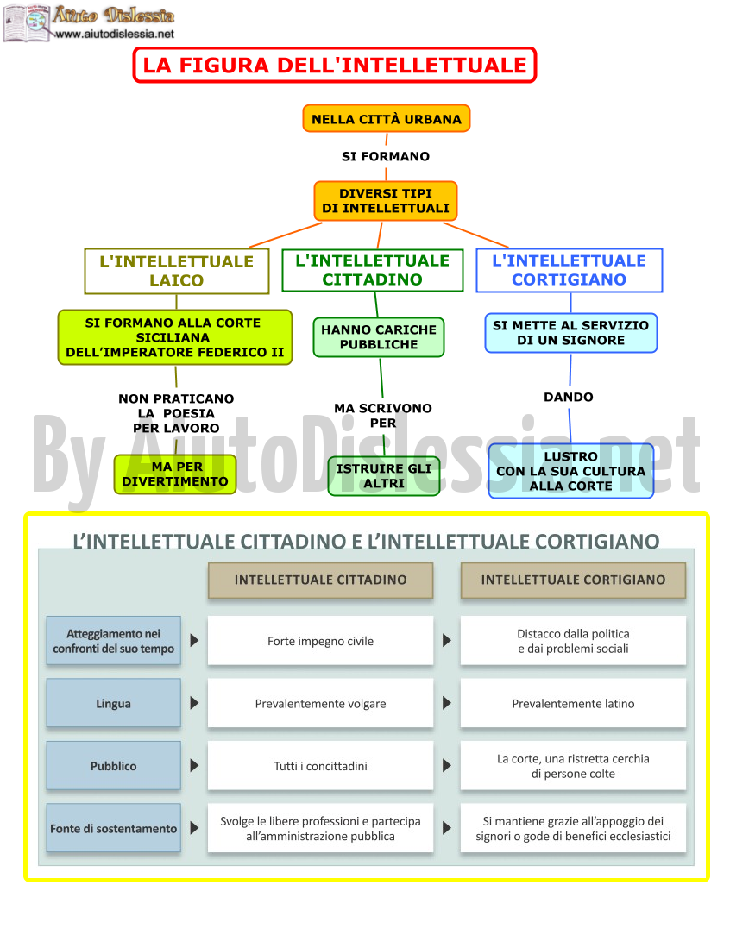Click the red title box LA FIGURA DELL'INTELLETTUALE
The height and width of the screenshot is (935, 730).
[x=335, y=65]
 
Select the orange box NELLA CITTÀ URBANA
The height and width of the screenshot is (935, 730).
[x=387, y=119]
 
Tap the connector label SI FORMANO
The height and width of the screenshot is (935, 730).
[x=385, y=156]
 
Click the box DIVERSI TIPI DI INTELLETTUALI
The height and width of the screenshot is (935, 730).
[x=385, y=201]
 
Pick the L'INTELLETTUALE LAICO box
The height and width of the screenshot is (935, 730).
[x=177, y=271]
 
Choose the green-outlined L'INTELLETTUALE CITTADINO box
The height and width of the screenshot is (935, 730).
[x=372, y=270]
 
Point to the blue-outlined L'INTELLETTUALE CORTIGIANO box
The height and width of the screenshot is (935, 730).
[x=569, y=270]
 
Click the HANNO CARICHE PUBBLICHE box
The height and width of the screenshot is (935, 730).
[x=379, y=337]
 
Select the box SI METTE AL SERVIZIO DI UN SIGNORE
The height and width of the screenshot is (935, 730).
[x=570, y=333]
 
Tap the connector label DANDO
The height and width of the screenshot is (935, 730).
[x=569, y=397]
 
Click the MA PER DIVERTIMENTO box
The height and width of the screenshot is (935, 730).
[x=175, y=474]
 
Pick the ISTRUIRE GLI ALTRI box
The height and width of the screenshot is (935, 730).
[x=384, y=476]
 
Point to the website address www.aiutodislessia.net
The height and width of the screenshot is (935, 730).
[x=115, y=34]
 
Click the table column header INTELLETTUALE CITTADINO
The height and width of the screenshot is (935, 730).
[x=321, y=580]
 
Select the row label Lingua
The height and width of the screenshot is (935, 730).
[x=113, y=703]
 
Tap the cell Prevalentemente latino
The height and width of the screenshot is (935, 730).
[x=573, y=703]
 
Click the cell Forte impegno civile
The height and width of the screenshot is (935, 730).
[x=321, y=640]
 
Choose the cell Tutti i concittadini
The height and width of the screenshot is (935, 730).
[x=321, y=766]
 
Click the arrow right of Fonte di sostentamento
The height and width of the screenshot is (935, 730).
[x=194, y=828]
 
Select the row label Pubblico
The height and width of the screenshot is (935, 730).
[x=113, y=766]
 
